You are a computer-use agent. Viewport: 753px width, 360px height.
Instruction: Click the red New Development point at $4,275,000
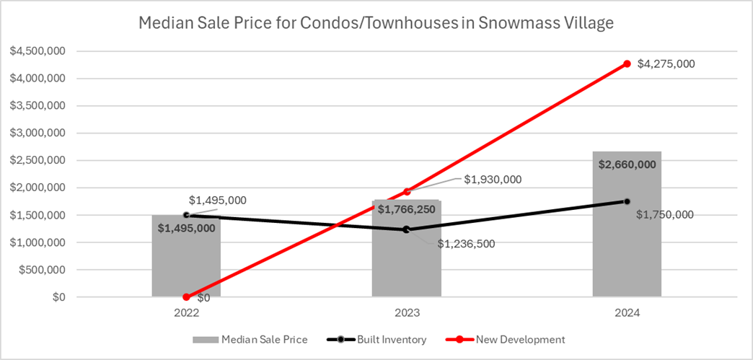click(x=627, y=64)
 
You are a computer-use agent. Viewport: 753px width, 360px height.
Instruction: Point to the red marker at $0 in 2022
click(x=186, y=297)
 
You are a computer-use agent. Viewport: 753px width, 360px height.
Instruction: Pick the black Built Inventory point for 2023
click(x=406, y=229)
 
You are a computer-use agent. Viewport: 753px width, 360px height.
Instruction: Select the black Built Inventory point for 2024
click(x=627, y=201)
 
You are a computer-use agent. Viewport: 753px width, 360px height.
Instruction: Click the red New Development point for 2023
click(x=407, y=192)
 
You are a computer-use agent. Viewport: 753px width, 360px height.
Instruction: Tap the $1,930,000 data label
click(x=492, y=179)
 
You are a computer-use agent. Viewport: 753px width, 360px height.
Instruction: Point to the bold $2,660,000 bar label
click(x=627, y=164)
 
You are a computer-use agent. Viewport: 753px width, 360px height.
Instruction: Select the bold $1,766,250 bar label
click(x=407, y=210)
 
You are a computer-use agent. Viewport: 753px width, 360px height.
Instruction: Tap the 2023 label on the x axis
click(x=407, y=313)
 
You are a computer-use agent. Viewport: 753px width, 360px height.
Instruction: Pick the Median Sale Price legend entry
click(x=265, y=339)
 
